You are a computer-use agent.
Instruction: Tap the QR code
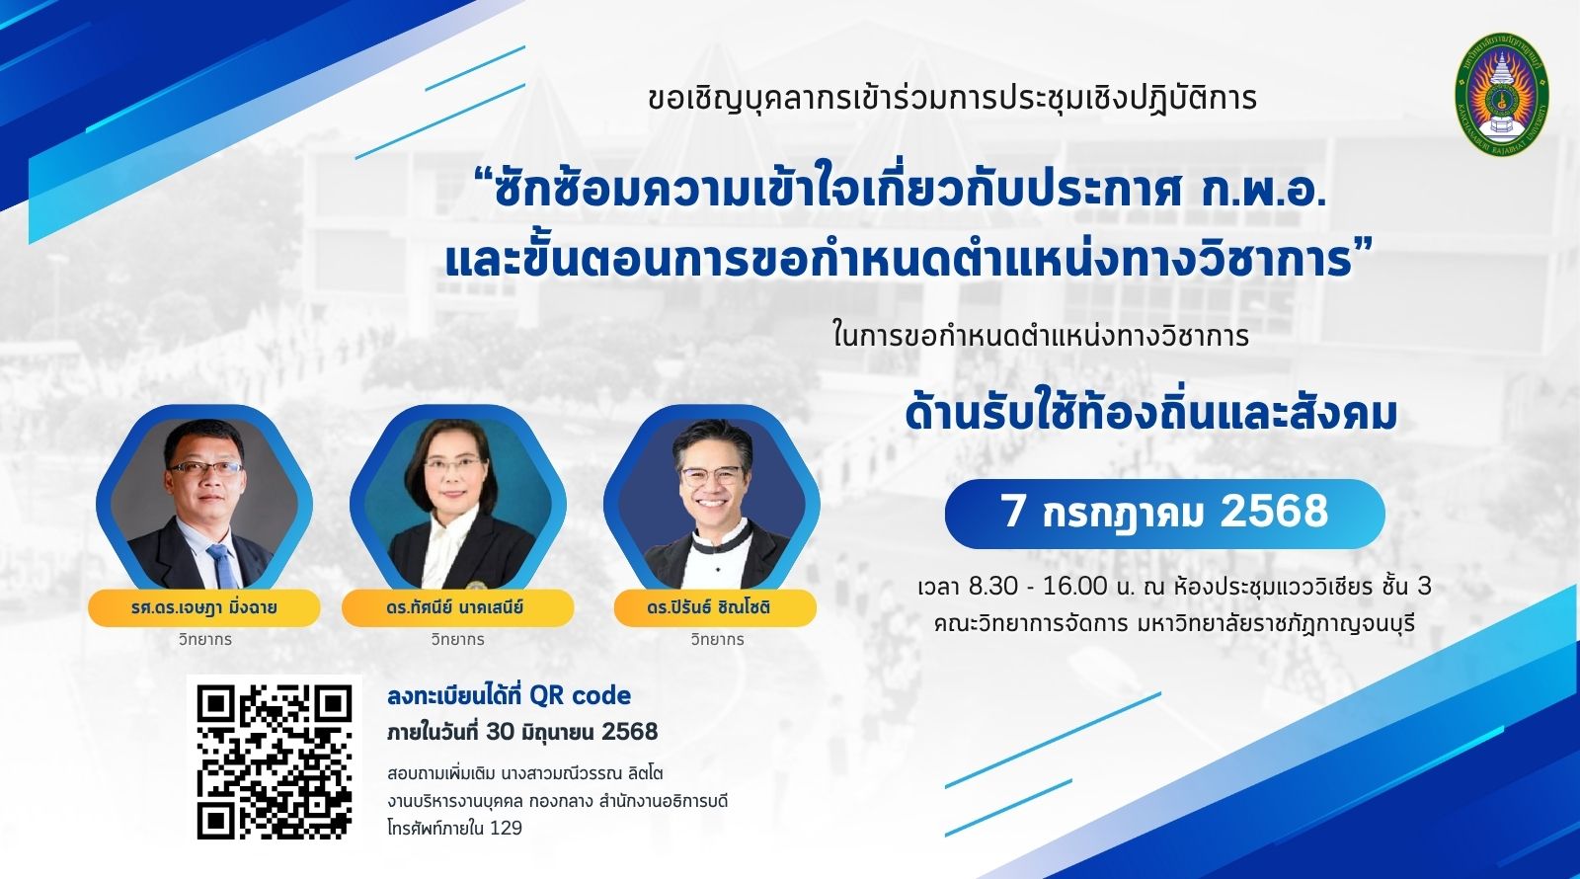(x=275, y=761)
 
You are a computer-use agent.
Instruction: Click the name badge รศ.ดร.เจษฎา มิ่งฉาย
(x=203, y=607)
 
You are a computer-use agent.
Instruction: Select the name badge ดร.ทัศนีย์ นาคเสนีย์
(x=457, y=607)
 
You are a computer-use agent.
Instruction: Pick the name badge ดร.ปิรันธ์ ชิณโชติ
(x=715, y=607)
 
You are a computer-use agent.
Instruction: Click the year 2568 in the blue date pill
(x=1274, y=512)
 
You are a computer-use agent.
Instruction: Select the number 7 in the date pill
(x=1013, y=512)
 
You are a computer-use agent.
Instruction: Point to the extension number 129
(x=506, y=829)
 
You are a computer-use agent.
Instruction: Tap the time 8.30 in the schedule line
(x=993, y=587)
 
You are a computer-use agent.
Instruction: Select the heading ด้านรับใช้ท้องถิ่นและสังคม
(x=1151, y=414)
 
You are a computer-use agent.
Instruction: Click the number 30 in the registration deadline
(x=500, y=732)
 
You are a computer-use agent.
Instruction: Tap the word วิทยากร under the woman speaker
(x=458, y=639)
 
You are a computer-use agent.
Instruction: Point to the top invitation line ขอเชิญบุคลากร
(x=952, y=99)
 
